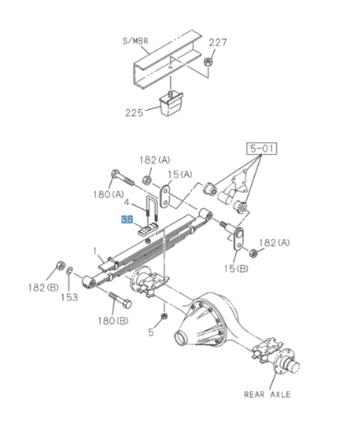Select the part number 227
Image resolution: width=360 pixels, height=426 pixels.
pyautogui.click(x=218, y=43)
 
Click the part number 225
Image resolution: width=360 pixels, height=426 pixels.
pyautogui.click(x=134, y=112)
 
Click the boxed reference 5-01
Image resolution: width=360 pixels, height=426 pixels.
pyautogui.click(x=261, y=150)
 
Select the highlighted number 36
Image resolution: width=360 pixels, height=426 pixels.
pyautogui.click(x=127, y=220)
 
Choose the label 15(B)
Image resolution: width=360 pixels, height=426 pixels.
pyautogui.click(x=236, y=269)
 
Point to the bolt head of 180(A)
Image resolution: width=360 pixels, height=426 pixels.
pyautogui.click(x=115, y=175)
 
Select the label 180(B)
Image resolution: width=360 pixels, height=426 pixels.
pyautogui.click(x=112, y=320)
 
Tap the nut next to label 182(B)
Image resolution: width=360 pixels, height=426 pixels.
pyautogui.click(x=59, y=265)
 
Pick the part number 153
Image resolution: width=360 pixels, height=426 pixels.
pyautogui.click(x=69, y=297)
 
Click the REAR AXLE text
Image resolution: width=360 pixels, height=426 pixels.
pyautogui.click(x=267, y=394)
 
